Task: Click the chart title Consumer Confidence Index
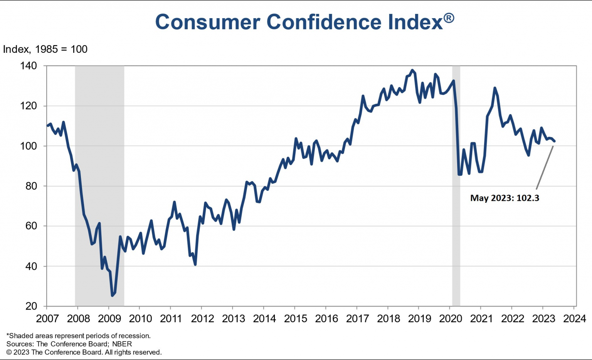point(299,22)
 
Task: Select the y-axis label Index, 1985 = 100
point(45,49)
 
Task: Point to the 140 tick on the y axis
point(29,66)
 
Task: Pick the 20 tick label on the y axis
point(31,306)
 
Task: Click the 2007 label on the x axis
point(47,319)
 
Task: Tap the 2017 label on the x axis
point(357,319)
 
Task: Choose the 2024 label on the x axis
point(574,319)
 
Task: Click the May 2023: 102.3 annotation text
point(505,198)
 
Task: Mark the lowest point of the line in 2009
point(112,295)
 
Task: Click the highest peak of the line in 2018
point(412,70)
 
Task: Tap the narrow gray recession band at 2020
point(456,185)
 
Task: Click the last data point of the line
point(554,141)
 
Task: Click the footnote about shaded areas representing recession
point(78,336)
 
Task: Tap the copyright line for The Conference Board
point(84,352)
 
